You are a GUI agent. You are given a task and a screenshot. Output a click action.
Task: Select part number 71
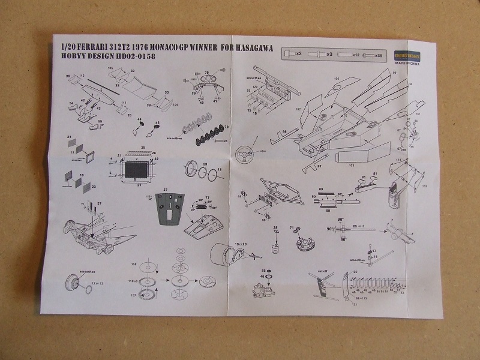point(292,227)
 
